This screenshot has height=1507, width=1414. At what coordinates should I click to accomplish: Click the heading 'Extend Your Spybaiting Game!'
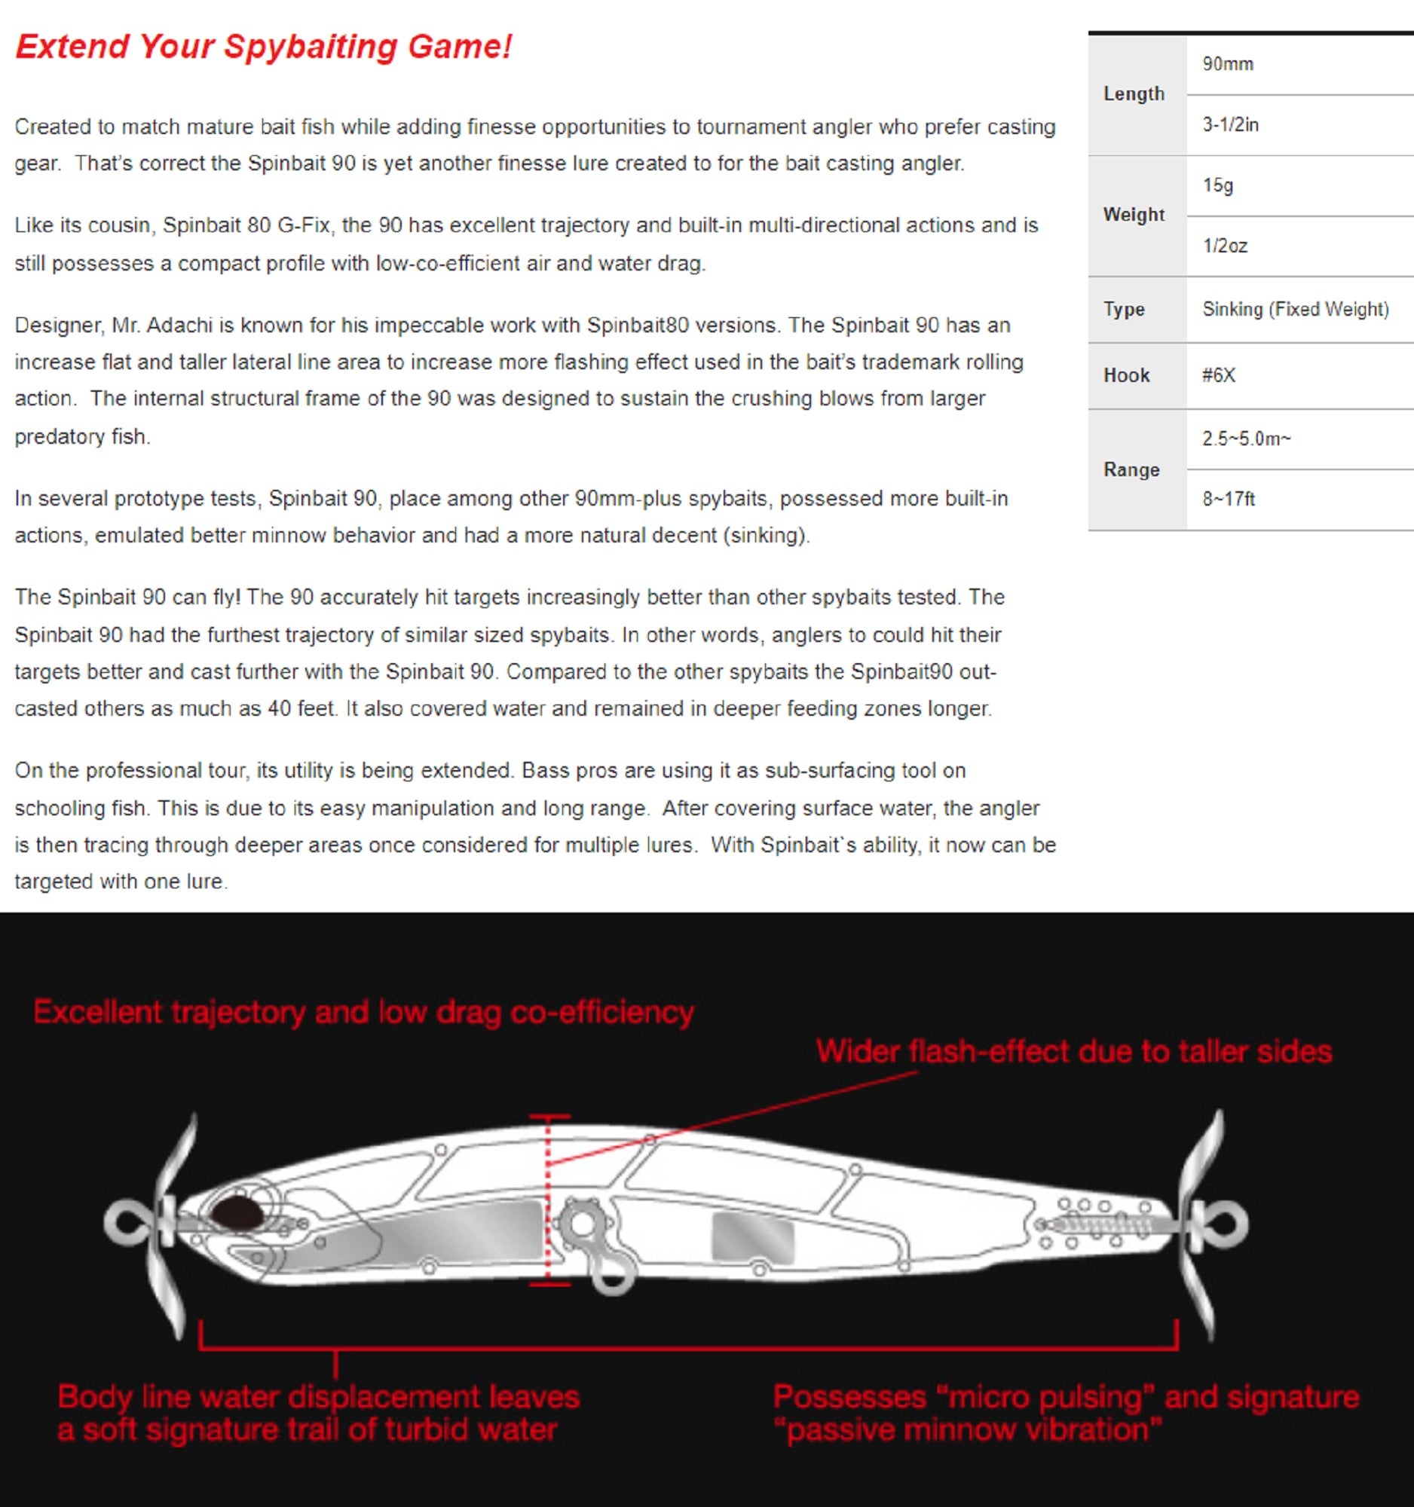click(x=263, y=46)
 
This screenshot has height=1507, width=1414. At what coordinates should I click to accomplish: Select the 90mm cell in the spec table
click(x=1228, y=65)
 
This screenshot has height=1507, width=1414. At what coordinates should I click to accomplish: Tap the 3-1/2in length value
click(x=1230, y=125)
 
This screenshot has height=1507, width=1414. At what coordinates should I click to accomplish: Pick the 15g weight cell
click(x=1217, y=185)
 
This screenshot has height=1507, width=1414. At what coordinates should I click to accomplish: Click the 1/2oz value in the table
click(x=1225, y=246)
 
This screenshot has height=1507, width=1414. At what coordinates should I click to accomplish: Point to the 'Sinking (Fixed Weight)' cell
click(x=1295, y=309)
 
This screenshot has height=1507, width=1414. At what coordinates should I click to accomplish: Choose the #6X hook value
click(x=1218, y=375)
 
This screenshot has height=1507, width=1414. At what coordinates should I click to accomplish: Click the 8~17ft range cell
click(x=1229, y=499)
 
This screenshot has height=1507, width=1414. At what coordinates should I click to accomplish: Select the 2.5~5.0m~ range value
click(x=1246, y=439)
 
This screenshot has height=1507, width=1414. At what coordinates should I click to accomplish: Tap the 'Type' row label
click(x=1124, y=309)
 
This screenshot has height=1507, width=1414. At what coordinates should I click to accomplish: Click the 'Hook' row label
click(x=1126, y=375)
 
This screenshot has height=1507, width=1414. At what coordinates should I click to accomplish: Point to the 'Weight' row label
click(x=1134, y=216)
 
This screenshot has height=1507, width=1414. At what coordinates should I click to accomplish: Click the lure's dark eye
click(x=237, y=1212)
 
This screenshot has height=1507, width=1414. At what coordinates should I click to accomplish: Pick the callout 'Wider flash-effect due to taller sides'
click(x=1073, y=1052)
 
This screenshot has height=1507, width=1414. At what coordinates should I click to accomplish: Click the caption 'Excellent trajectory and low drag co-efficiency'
click(x=363, y=1013)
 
